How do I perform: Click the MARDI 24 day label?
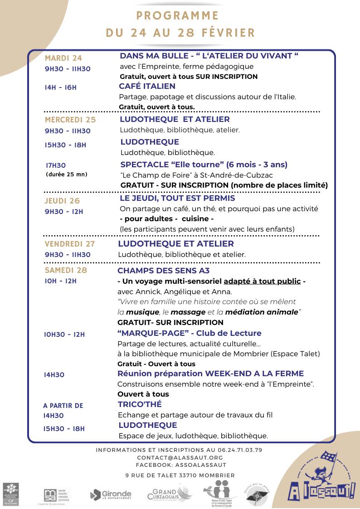click(x=63, y=58)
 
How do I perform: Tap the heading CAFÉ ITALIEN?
click(x=147, y=86)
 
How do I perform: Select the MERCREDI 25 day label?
click(x=70, y=120)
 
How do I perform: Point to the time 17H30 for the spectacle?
click(x=56, y=166)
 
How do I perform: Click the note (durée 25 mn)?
click(x=67, y=175)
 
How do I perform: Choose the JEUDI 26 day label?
click(x=62, y=201)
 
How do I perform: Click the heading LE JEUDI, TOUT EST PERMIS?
click(x=177, y=198)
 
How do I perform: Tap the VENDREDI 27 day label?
click(x=70, y=244)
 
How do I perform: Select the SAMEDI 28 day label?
click(x=66, y=270)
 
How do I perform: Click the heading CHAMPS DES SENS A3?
click(x=163, y=271)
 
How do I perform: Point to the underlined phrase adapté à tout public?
click(x=262, y=281)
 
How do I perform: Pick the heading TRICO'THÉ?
click(x=140, y=404)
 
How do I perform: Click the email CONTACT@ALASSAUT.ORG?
click(x=180, y=458)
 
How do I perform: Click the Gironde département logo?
click(x=111, y=494)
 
